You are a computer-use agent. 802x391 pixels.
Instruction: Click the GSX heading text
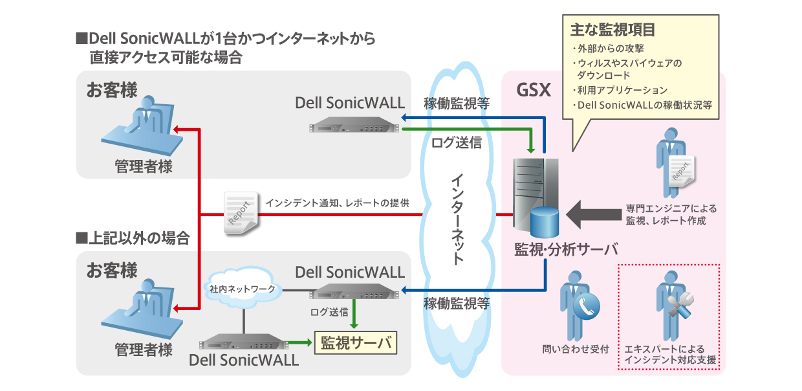pos(534,89)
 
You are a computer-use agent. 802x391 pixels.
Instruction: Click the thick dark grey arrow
pos(592,215)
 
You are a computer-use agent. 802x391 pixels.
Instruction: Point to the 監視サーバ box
pos(355,342)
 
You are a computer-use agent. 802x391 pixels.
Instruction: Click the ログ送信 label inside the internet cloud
pos(456,142)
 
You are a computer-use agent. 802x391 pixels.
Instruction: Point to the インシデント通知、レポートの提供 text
pos(337,203)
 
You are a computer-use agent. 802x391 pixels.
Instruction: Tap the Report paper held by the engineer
pos(682,171)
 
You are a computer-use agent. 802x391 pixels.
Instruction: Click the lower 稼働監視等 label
pos(456,302)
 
